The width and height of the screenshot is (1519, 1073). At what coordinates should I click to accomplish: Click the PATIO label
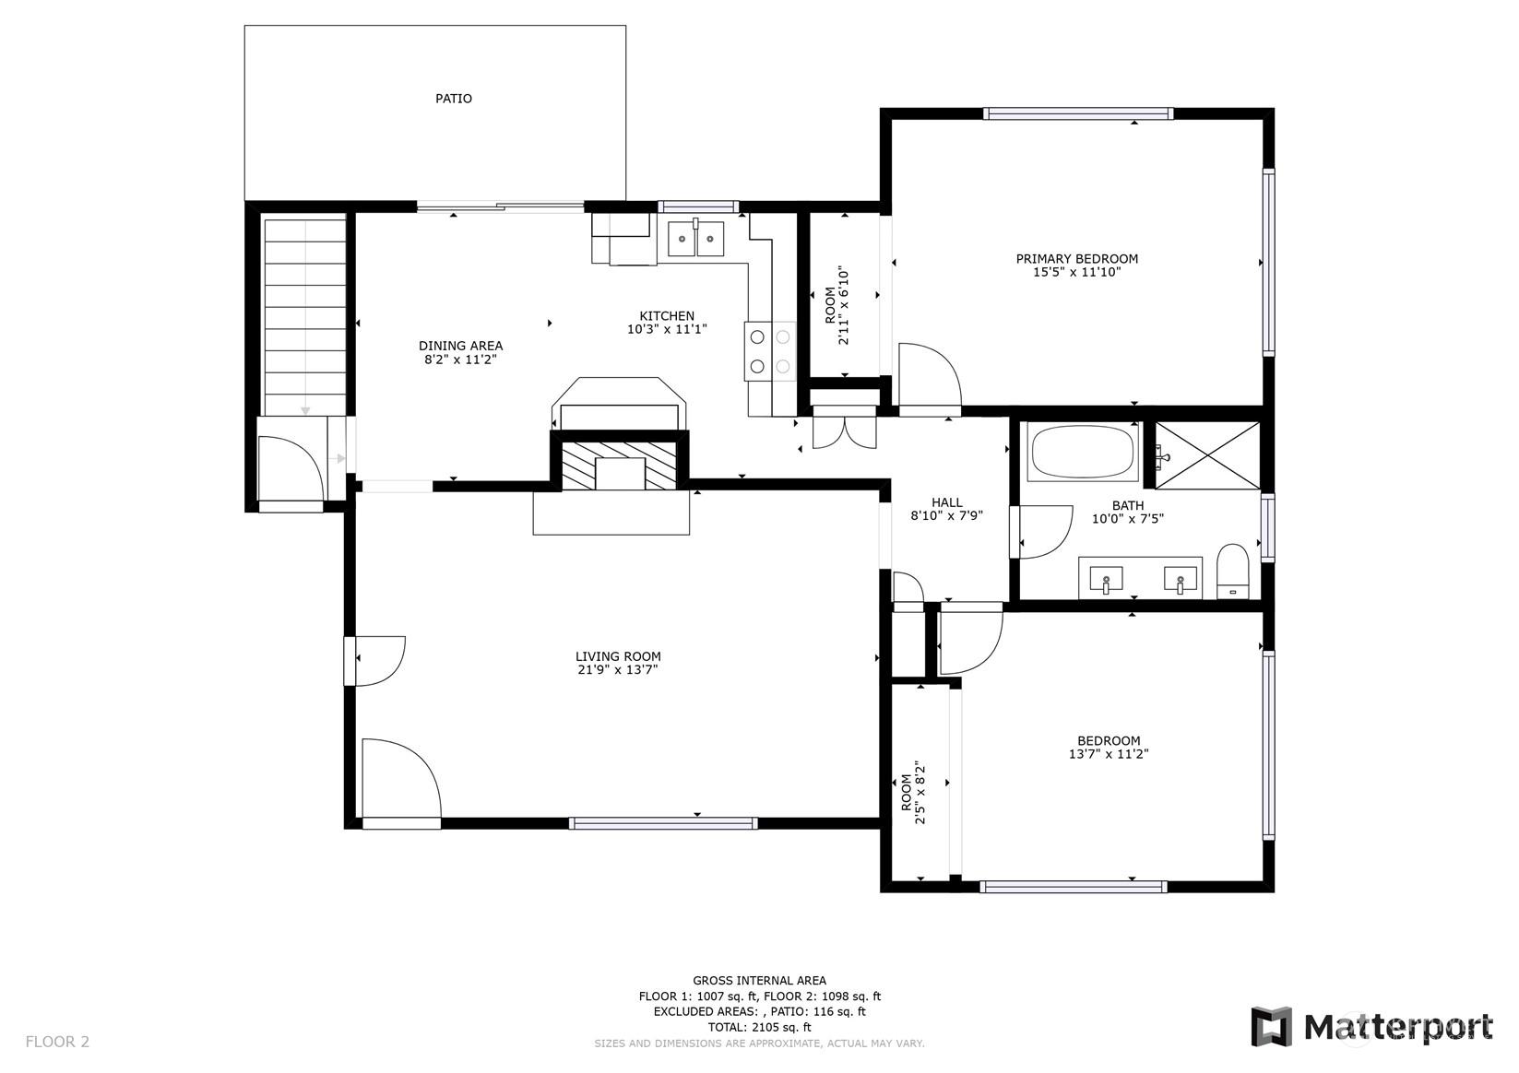pyautogui.click(x=453, y=99)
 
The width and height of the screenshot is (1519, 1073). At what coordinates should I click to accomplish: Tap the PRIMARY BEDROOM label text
pyautogui.click(x=1076, y=259)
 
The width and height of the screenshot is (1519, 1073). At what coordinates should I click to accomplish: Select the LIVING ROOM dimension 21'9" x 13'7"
pyautogui.click(x=617, y=670)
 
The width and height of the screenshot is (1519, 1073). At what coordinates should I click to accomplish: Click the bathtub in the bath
pyautogui.click(x=1082, y=452)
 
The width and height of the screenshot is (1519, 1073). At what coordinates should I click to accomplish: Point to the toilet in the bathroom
pyautogui.click(x=1232, y=571)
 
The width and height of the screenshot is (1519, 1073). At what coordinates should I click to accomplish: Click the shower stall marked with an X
pyautogui.click(x=1207, y=454)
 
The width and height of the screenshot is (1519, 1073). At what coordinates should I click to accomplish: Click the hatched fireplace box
pyautogui.click(x=619, y=464)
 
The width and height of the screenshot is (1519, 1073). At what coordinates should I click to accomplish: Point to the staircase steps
pyautogui.click(x=304, y=316)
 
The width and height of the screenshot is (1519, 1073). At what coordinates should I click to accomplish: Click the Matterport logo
pyautogui.click(x=1371, y=1027)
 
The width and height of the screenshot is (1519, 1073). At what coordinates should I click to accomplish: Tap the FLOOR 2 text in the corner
pyautogui.click(x=57, y=1042)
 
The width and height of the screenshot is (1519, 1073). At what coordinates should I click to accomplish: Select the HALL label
pyautogui.click(x=946, y=502)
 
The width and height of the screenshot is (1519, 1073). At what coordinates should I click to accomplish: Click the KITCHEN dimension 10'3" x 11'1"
pyautogui.click(x=667, y=329)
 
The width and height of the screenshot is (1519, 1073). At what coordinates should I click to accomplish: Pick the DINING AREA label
pyautogui.click(x=460, y=346)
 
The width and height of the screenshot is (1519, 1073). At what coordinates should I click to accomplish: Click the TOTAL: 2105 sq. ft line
pyautogui.click(x=760, y=1027)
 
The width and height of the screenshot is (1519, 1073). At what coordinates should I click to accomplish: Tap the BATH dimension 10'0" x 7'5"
pyautogui.click(x=1128, y=519)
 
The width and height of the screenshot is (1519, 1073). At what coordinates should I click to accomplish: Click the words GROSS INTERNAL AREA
pyautogui.click(x=760, y=980)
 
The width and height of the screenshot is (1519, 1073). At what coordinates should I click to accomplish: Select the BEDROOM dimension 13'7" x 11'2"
pyautogui.click(x=1109, y=754)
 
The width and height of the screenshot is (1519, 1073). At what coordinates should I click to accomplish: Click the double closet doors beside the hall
pyautogui.click(x=844, y=431)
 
